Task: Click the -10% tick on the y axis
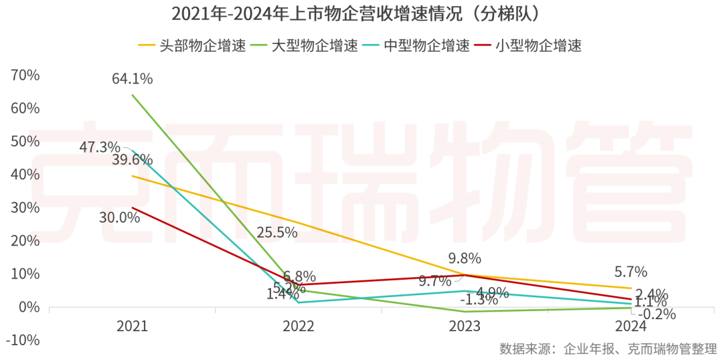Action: tap(24, 340)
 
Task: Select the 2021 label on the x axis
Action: tap(132, 326)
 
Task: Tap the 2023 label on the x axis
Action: tap(465, 326)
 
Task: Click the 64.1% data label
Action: tap(132, 79)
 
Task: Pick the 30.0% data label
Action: tap(119, 217)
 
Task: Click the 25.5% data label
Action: tap(276, 232)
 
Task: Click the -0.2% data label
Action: tap(657, 314)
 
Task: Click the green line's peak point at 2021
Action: tap(133, 95)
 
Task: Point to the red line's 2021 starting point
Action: tap(133, 207)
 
